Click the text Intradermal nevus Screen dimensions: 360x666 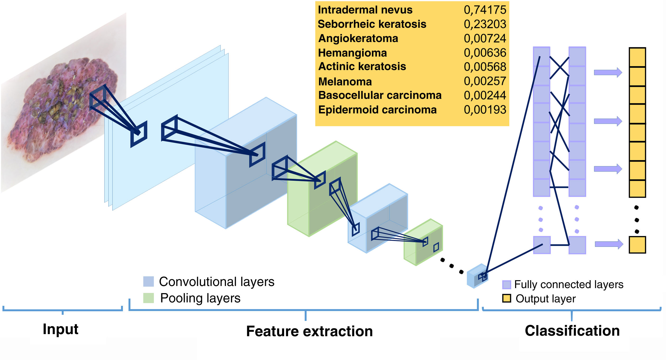(x=365, y=10)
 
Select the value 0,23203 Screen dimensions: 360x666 (x=485, y=24)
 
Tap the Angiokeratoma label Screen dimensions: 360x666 (x=358, y=39)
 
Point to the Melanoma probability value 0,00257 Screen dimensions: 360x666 (x=485, y=81)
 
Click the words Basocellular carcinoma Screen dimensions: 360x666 (x=380, y=95)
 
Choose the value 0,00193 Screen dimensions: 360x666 (x=485, y=110)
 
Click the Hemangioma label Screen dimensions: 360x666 (x=352, y=53)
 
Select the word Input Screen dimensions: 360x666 (x=61, y=329)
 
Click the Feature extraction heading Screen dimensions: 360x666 (x=309, y=331)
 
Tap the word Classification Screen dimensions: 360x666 (x=572, y=331)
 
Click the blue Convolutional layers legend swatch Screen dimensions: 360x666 (x=148, y=281)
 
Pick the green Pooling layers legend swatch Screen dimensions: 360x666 (x=148, y=298)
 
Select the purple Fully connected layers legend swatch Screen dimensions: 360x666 (x=506, y=285)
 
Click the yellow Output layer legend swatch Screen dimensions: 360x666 (x=506, y=298)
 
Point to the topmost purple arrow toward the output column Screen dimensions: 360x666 (x=608, y=72)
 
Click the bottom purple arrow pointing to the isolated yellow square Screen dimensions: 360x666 (x=609, y=244)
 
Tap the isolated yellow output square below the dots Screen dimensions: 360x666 (x=637, y=245)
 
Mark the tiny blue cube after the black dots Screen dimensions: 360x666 (x=477, y=276)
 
